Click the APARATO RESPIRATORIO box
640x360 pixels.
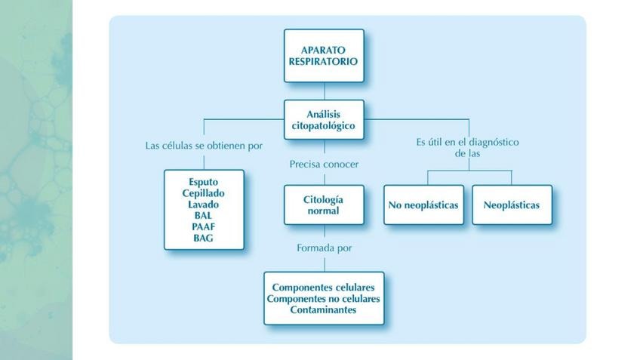pos(324,55)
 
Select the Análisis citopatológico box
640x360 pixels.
pos(324,119)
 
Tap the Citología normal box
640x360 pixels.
pos(324,205)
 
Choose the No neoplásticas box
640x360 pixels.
pos(423,205)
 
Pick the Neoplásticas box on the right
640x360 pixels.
pos(512,205)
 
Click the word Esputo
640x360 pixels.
pos(204,182)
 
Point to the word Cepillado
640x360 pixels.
pos(204,193)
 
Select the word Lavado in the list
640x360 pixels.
pos(204,205)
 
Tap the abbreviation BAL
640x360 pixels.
pos(204,216)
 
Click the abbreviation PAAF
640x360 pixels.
pos(204,227)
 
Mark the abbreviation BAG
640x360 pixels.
pos(204,238)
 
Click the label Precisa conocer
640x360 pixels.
pos(324,164)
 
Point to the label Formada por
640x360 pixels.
pos(324,248)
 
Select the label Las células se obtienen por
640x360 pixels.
pos(204,145)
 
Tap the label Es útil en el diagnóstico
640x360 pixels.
pos(468,142)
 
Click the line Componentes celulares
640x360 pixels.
pos(324,288)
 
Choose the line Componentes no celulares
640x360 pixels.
pos(324,299)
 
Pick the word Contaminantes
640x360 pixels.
pos(324,310)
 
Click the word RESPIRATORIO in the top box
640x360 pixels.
pos(324,62)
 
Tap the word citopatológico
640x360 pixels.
pos(324,126)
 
